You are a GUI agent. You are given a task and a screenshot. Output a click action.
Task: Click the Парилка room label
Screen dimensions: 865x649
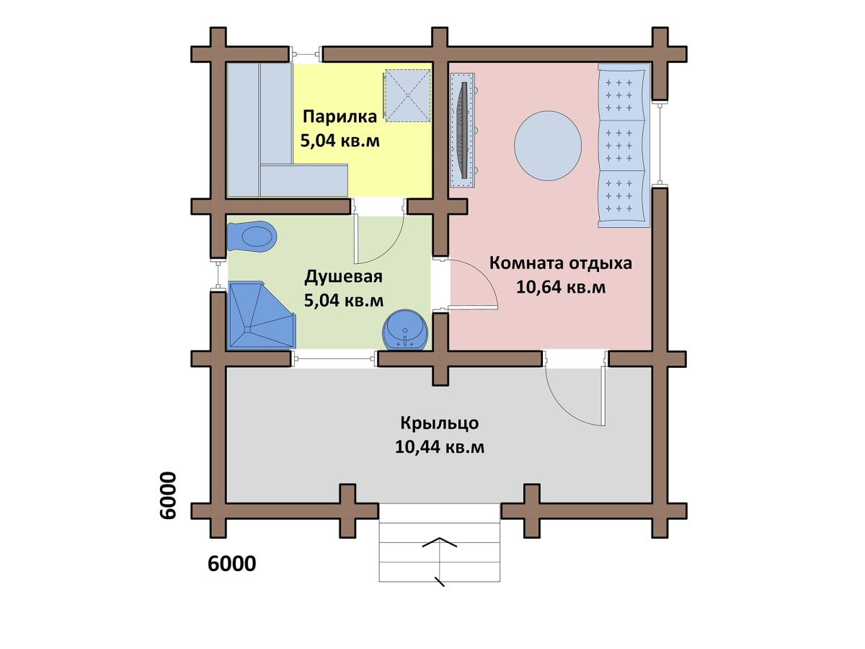(x=340, y=117)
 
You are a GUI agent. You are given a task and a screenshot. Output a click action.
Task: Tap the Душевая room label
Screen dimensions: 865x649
(x=343, y=277)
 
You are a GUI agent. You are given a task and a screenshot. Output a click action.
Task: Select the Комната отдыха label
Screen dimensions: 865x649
(x=560, y=262)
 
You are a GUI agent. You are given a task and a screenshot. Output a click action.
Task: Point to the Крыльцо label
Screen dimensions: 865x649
(x=440, y=423)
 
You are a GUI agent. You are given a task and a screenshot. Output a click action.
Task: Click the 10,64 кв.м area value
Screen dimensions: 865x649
(x=560, y=288)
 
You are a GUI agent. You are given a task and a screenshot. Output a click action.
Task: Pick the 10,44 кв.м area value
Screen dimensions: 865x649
(x=440, y=448)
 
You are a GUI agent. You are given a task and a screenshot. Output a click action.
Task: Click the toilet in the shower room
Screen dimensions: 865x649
(x=252, y=237)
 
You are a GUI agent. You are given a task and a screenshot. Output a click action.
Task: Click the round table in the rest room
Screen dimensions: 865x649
(x=548, y=146)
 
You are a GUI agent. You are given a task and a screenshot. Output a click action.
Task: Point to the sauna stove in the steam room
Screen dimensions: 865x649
(x=407, y=96)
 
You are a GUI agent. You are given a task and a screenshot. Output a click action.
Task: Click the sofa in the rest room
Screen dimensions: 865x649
(x=624, y=146)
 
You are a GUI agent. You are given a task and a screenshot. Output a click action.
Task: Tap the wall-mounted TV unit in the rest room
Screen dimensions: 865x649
(x=463, y=129)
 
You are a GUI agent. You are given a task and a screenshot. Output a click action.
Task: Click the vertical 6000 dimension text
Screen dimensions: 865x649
(x=167, y=495)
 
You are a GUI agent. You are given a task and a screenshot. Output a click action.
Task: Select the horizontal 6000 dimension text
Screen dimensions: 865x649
(x=231, y=564)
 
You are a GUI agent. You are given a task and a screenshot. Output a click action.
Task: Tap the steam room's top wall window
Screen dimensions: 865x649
(x=306, y=54)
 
